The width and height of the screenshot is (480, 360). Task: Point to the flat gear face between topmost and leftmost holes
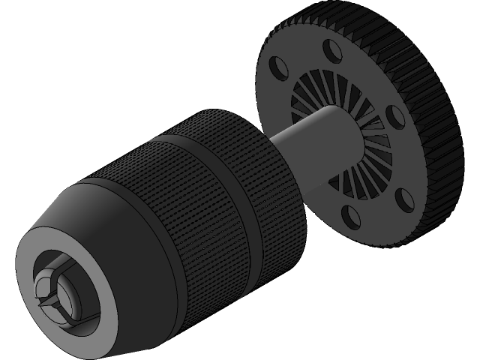(300, 56)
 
